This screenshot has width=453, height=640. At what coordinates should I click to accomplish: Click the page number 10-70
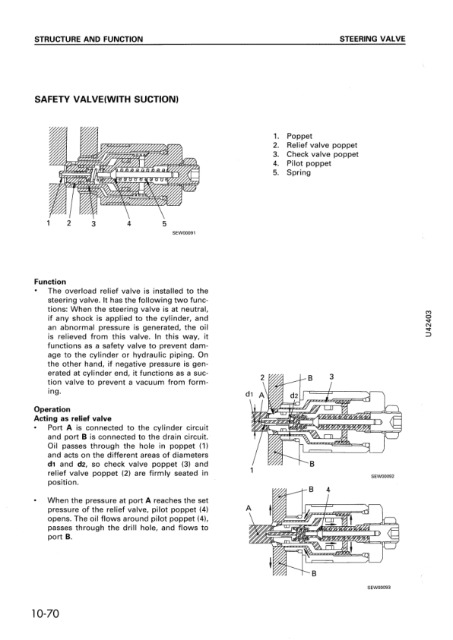point(45,613)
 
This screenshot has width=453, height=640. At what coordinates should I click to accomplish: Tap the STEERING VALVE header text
point(372,39)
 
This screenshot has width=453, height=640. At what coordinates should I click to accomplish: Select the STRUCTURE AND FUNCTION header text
point(89,39)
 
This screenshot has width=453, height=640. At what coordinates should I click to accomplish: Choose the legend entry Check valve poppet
point(322,154)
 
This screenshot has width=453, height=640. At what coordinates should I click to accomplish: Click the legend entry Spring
point(299,172)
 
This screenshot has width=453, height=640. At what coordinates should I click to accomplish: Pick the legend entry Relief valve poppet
point(322,145)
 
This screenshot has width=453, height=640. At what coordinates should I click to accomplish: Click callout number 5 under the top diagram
point(164,224)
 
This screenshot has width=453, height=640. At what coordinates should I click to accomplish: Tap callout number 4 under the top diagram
point(128,223)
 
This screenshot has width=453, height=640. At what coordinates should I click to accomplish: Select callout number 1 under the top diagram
point(49,223)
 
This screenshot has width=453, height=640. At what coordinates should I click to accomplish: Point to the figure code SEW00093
point(380,588)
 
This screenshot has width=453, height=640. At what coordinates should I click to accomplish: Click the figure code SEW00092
point(382,476)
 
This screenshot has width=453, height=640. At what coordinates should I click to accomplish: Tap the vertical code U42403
point(428,323)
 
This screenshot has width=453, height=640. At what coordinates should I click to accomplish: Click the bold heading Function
point(50,282)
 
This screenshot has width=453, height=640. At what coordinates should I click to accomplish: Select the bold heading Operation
point(52,409)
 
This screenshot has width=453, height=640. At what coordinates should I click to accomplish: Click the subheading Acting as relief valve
point(73,418)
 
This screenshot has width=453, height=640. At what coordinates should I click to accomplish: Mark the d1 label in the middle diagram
point(249,394)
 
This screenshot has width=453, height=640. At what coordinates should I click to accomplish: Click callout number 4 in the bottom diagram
point(328,490)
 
